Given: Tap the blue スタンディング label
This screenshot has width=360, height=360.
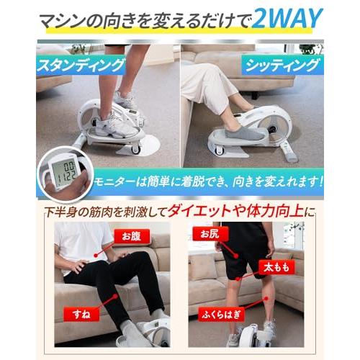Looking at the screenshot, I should pos(81,65).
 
